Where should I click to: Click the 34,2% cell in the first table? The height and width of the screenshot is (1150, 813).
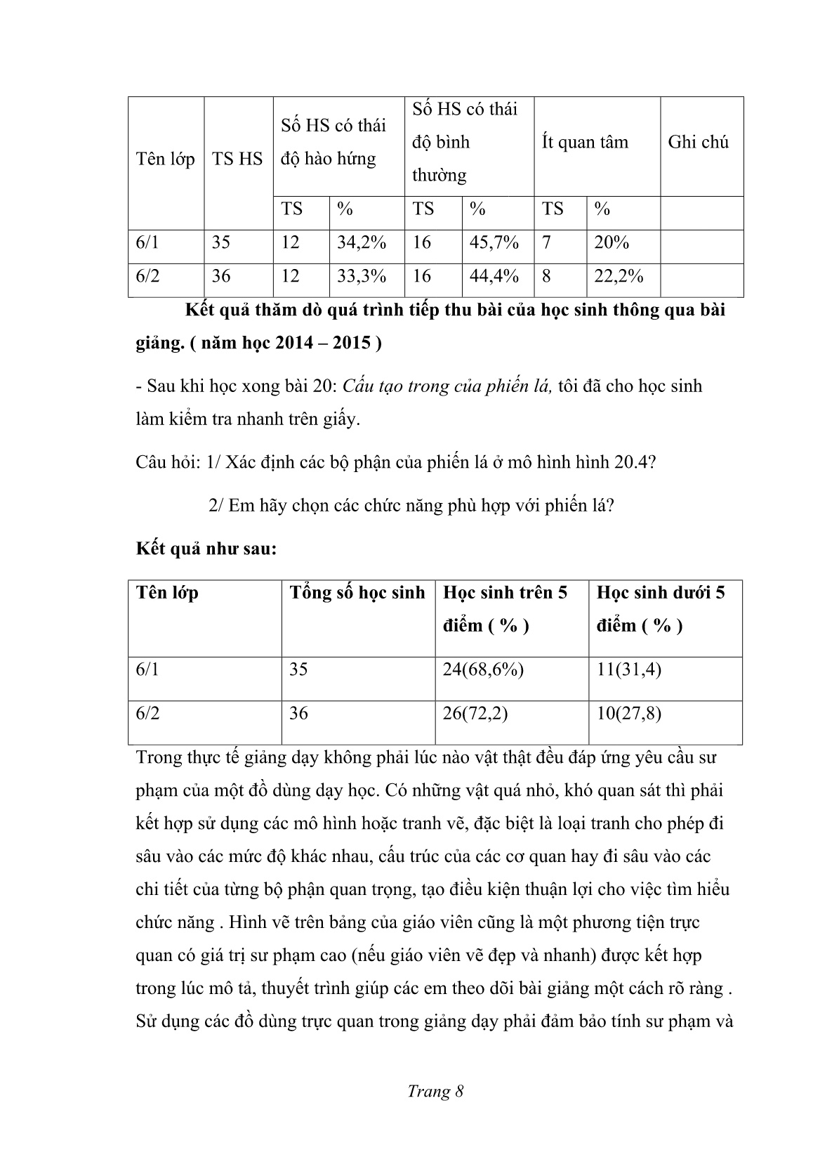point(362,243)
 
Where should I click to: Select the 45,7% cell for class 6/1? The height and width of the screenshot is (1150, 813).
point(494,243)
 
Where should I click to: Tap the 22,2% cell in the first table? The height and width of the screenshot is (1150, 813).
point(619,276)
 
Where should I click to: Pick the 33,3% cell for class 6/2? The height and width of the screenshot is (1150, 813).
point(362,276)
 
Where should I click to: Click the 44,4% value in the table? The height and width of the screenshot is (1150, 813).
point(494,276)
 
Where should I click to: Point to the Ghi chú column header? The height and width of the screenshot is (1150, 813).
point(699,143)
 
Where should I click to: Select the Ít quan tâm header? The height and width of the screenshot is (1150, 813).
point(585,143)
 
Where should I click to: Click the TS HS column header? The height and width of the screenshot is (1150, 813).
point(237,159)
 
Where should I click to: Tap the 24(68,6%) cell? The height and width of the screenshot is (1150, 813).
point(483,669)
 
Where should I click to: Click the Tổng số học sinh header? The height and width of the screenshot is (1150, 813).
point(357,593)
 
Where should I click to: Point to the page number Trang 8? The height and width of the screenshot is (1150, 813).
point(435,1091)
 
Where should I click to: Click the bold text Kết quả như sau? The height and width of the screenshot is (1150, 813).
point(206,549)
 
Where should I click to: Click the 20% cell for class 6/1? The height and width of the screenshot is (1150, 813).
point(612,243)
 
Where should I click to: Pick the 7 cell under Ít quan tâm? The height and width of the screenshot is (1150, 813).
point(547,243)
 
